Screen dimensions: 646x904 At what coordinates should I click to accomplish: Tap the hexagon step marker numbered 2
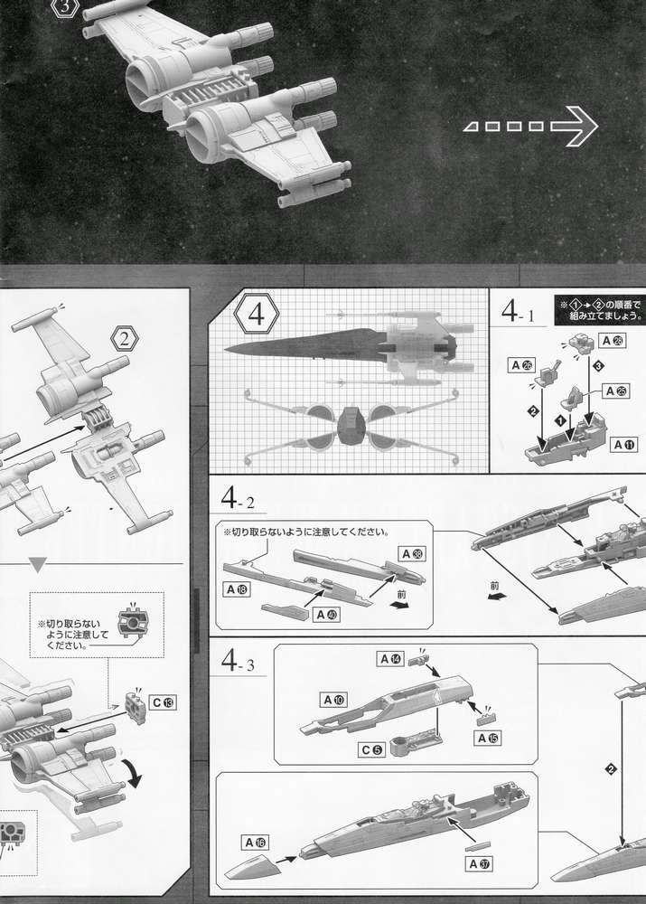pyautogui.click(x=123, y=340)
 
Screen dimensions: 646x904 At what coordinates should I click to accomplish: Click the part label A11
pyautogui.click(x=623, y=445)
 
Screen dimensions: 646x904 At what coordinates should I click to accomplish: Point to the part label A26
pyautogui.click(x=520, y=365)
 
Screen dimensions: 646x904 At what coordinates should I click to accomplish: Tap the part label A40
pyautogui.click(x=325, y=614)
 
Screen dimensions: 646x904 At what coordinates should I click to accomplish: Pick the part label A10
pyautogui.click(x=333, y=699)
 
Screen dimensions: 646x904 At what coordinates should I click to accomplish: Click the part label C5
pyautogui.click(x=372, y=749)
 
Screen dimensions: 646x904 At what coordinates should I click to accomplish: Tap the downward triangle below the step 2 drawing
pyautogui.click(x=37, y=565)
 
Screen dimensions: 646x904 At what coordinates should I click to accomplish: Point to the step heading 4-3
pyautogui.click(x=242, y=661)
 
